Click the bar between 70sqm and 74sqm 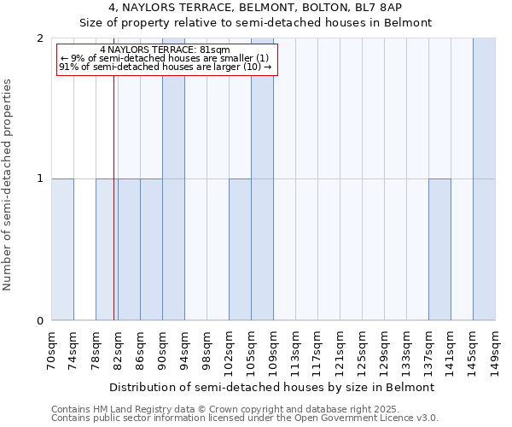click(x=62, y=249)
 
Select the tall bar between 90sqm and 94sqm click(x=173, y=179)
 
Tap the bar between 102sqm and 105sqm click(x=240, y=249)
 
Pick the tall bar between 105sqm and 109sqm click(x=262, y=179)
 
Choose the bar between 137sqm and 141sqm click(x=439, y=249)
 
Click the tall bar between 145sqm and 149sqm click(x=484, y=179)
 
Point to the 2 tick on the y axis click(x=40, y=38)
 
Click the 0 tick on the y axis click(x=40, y=321)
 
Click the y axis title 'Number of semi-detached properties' click(x=9, y=184)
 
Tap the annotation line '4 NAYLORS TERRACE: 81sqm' click(x=164, y=50)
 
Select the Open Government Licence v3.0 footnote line click(x=245, y=418)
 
